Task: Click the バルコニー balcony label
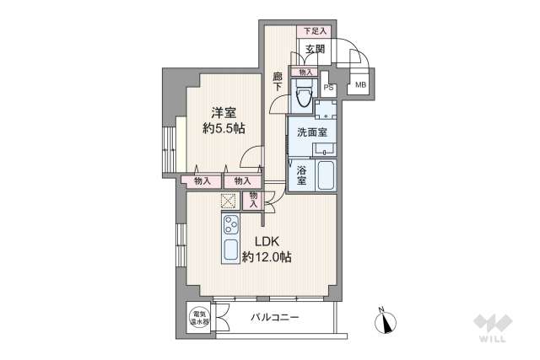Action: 275,319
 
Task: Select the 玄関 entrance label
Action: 316,49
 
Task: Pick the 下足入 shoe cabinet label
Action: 313,31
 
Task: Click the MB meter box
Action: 360,85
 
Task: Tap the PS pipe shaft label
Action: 329,86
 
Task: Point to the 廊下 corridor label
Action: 278,82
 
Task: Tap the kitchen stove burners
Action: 230,225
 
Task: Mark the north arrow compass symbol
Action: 386,320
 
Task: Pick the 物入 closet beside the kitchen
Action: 252,201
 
